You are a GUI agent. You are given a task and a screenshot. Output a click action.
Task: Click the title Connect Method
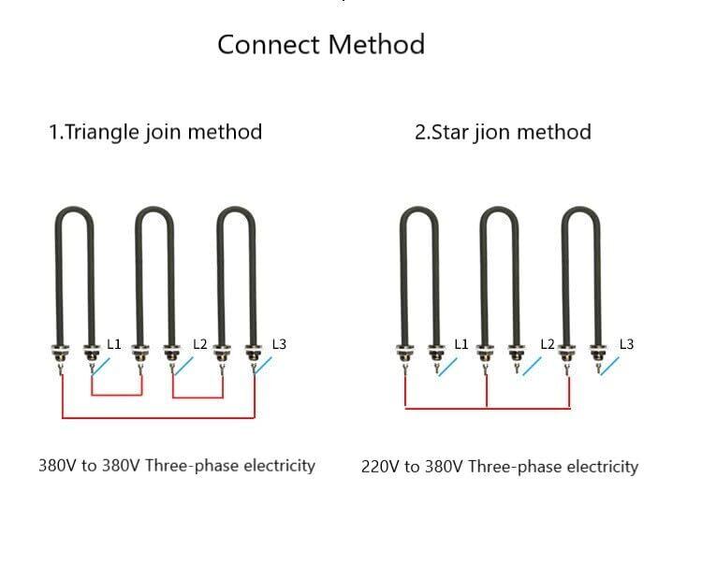coord(321,44)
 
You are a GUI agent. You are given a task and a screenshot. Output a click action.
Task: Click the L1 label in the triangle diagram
coord(114,344)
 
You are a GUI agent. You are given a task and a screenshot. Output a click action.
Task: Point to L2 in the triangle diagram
coord(199,344)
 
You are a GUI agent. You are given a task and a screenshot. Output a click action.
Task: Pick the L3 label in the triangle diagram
coord(279,344)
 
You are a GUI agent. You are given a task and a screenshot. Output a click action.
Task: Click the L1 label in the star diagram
coord(461,344)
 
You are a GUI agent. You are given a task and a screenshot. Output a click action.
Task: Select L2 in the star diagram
coord(548,344)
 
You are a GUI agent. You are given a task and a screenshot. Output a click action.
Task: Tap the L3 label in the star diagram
coord(626,344)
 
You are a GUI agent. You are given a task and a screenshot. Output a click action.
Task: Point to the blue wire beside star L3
coord(609,366)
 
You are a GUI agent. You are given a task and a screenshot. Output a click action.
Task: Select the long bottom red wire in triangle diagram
coord(157,417)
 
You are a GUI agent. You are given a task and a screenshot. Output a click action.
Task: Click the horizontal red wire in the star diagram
coord(487,408)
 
